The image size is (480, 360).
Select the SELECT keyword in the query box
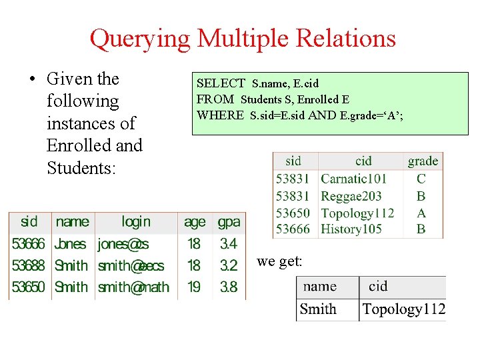[221, 83]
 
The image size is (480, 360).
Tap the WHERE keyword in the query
[220, 115]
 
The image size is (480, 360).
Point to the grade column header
[423, 161]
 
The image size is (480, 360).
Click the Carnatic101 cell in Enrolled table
[353, 179]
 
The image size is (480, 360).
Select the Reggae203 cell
[351, 196]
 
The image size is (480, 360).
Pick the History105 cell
[351, 229]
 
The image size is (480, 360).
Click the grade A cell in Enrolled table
[421, 213]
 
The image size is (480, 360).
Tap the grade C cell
[421, 179]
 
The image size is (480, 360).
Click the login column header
[135, 221]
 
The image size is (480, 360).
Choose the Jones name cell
[71, 244]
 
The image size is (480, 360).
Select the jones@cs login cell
[123, 244]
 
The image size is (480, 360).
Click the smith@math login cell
[133, 287]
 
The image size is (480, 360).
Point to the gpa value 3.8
[229, 287]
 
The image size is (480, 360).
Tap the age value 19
[194, 287]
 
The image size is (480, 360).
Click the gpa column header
[229, 221]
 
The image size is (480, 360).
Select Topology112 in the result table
[403, 309]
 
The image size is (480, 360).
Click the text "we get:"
[279, 262]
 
